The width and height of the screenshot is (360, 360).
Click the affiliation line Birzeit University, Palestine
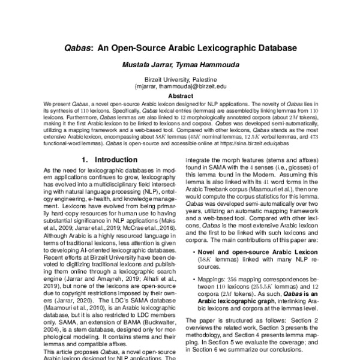181,80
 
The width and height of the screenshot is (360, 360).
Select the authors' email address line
181,87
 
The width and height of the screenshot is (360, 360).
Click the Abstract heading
181,95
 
